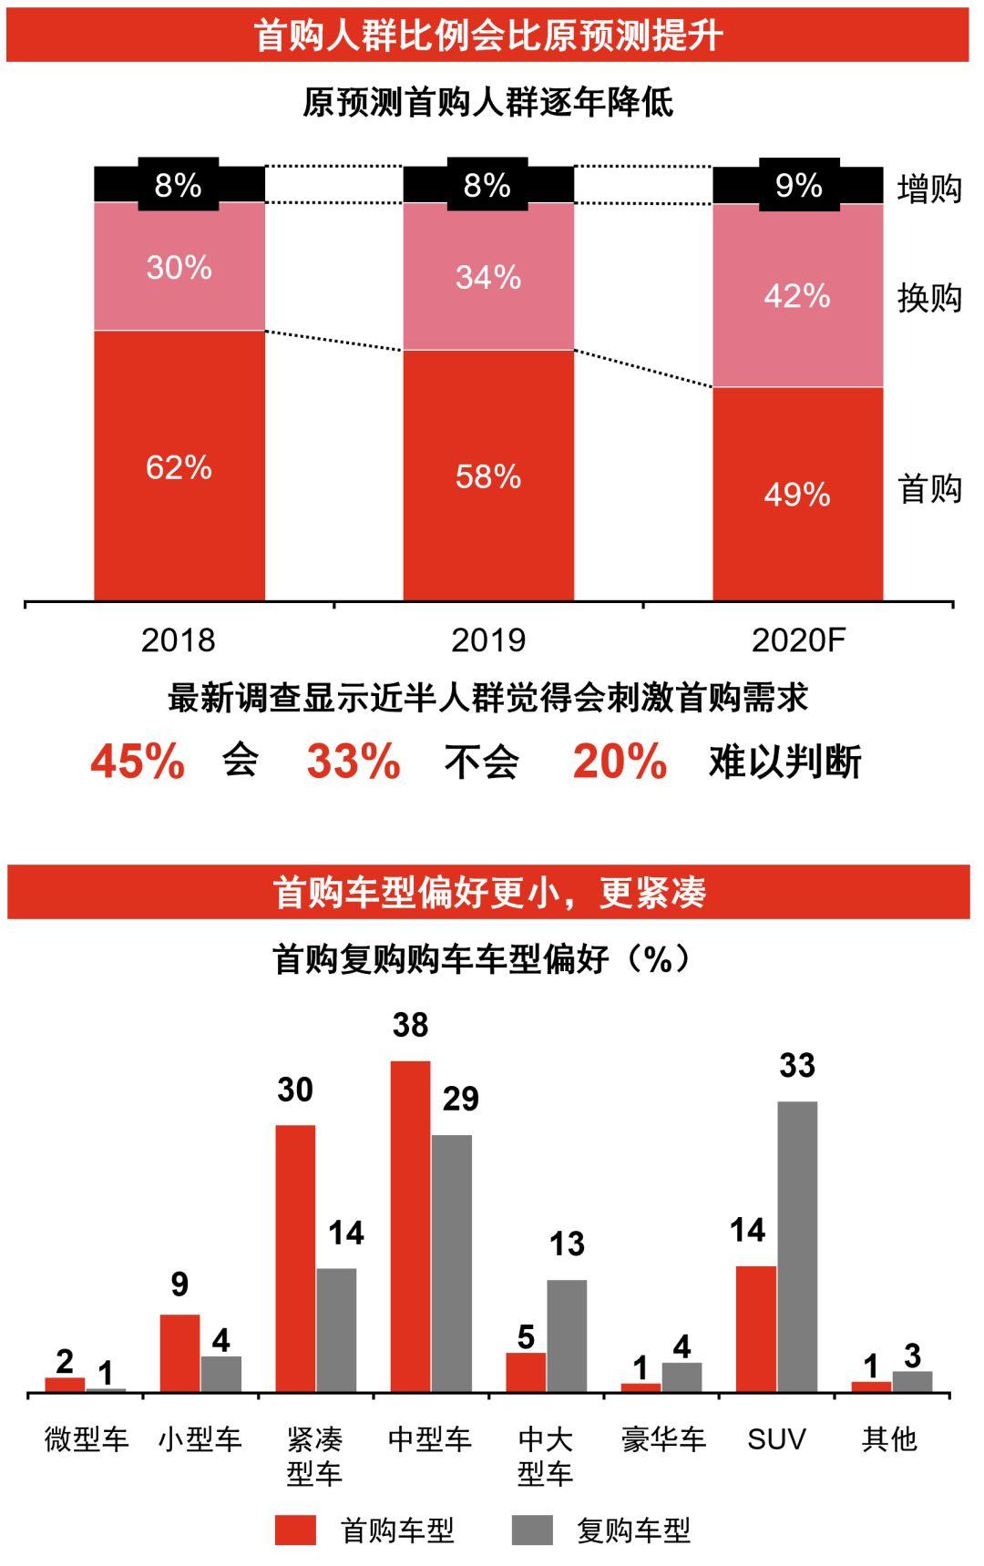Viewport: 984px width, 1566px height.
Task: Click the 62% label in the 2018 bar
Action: pos(179,467)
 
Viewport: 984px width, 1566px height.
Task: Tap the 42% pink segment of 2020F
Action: pos(797,296)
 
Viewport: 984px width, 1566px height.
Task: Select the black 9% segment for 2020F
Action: pos(798,186)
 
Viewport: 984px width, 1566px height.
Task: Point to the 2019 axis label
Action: pos(488,640)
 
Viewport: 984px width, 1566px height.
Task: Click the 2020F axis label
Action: pos(798,640)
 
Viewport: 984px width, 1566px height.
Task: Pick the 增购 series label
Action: pos(929,189)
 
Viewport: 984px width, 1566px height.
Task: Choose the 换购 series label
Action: pos(929,298)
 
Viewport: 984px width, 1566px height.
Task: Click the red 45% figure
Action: pos(138,761)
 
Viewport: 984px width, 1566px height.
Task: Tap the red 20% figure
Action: pos(620,761)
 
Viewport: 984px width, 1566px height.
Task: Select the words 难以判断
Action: pos(784,762)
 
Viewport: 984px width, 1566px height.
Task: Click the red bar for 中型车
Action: pos(410,1226)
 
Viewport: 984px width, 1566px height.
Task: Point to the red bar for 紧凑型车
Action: pos(295,1258)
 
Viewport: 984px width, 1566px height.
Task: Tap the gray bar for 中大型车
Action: pos(567,1336)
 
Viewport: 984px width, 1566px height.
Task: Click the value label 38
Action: pos(410,1026)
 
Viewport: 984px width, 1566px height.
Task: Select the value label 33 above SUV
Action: pos(797,1066)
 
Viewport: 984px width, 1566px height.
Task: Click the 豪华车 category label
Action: pos(663,1439)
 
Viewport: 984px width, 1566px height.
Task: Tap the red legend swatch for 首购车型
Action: pos(295,1530)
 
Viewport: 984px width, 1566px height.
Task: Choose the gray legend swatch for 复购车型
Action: pos(532,1530)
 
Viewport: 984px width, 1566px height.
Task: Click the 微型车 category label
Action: pos(87,1439)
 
